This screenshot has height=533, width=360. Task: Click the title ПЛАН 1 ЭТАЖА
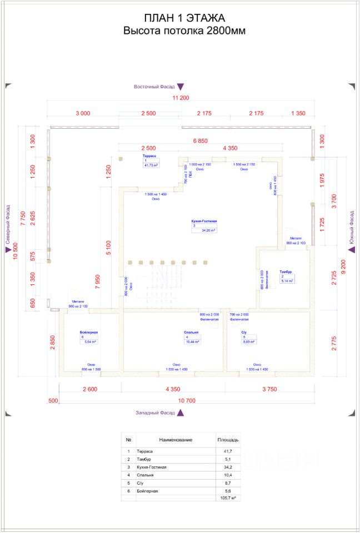point(184,19)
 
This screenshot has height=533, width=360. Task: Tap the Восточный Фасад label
point(154,87)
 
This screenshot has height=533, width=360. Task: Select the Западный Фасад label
point(155,413)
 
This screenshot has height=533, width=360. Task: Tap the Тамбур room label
point(286,271)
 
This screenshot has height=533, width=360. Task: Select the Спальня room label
point(192,332)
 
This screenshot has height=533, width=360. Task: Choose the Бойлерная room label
point(89,332)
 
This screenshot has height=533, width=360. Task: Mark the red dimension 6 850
point(200,141)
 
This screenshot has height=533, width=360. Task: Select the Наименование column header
point(176,440)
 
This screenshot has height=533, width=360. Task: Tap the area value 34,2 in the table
point(227,467)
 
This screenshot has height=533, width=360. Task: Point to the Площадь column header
point(227,440)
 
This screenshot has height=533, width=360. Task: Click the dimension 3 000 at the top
point(82,113)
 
